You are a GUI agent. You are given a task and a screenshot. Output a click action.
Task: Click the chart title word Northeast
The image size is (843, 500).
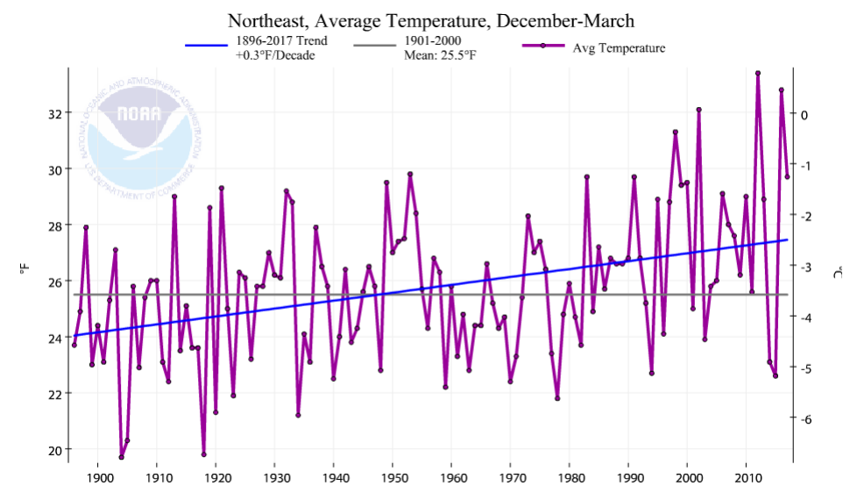[x=266, y=19]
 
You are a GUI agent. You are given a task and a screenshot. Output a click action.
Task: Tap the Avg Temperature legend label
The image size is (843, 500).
[x=619, y=48]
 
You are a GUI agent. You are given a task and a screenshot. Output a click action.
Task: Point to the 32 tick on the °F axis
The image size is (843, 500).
[x=54, y=113]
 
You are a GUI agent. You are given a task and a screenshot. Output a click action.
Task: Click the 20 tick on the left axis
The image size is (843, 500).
[x=54, y=450]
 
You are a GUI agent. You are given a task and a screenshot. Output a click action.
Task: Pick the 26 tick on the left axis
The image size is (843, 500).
[x=54, y=282]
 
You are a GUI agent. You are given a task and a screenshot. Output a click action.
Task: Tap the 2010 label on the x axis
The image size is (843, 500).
[x=747, y=480]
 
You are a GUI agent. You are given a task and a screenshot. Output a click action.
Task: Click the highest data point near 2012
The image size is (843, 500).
[x=758, y=73]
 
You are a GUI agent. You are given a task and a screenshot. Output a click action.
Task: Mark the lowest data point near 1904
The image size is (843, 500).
[x=121, y=457]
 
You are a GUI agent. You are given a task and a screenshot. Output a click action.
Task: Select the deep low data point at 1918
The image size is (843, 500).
[x=203, y=454]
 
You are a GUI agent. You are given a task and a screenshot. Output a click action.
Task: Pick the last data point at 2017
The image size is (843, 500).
[x=788, y=176]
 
